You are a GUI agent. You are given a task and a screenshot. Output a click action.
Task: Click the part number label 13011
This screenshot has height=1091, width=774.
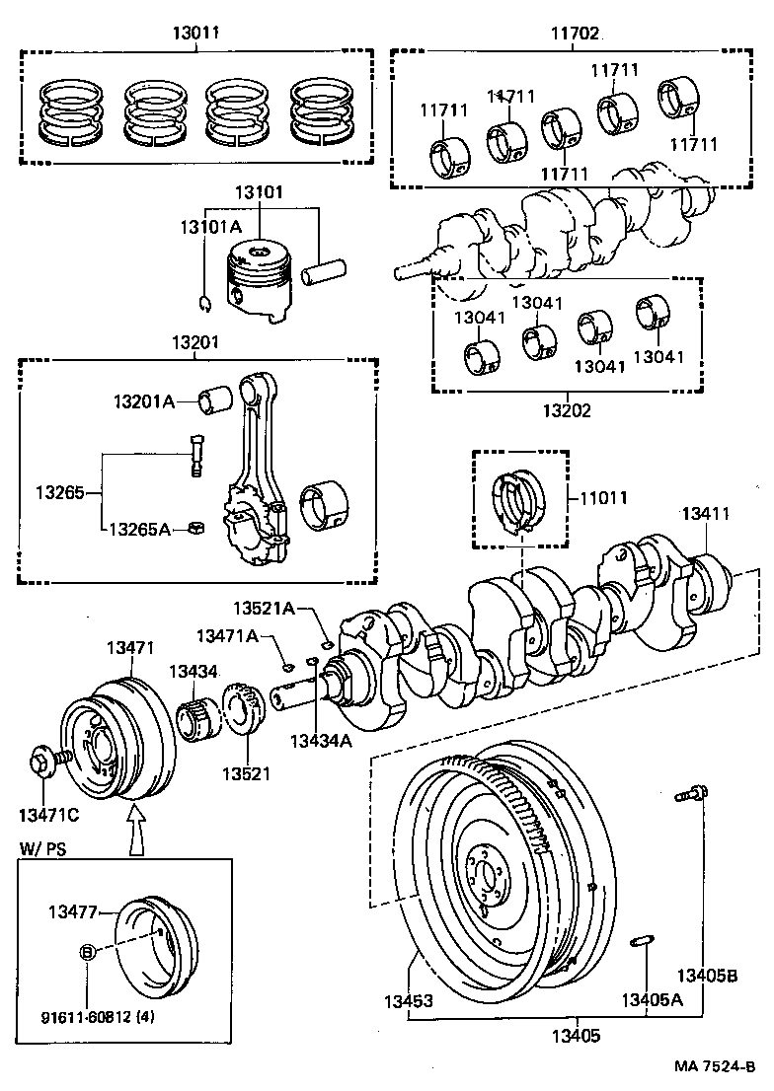pyautogui.click(x=196, y=33)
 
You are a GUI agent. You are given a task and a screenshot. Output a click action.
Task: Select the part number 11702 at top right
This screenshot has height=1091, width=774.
pyautogui.click(x=575, y=33)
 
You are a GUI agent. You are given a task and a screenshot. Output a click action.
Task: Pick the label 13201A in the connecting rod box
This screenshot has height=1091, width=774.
pyautogui.click(x=143, y=401)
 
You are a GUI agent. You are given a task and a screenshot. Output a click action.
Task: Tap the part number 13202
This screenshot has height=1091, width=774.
pyautogui.click(x=567, y=410)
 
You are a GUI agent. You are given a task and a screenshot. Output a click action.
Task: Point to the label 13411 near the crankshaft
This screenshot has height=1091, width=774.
pyautogui.click(x=706, y=514)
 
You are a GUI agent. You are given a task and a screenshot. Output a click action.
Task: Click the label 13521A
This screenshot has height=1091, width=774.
pyautogui.click(x=264, y=609)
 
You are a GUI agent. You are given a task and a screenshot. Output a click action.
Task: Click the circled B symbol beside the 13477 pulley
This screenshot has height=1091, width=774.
pyautogui.click(x=87, y=952)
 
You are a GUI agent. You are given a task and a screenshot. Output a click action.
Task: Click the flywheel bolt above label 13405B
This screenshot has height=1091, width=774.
pyautogui.click(x=689, y=792)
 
